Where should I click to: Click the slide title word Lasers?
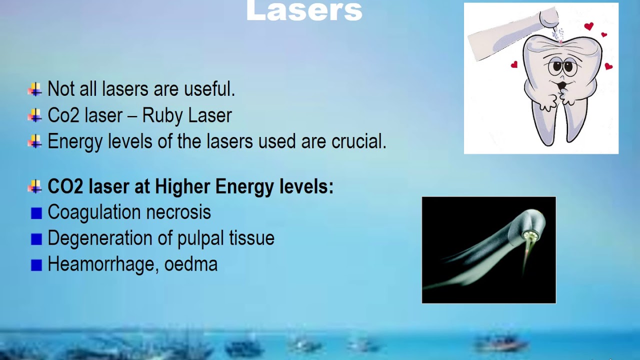(x=304, y=11)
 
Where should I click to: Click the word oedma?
(x=192, y=264)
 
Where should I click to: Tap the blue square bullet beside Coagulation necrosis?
(x=36, y=213)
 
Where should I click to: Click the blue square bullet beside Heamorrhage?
(x=36, y=265)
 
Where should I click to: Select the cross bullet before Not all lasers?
(x=34, y=90)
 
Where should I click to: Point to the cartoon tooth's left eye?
(x=555, y=66)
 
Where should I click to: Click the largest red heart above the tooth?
(x=589, y=26)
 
